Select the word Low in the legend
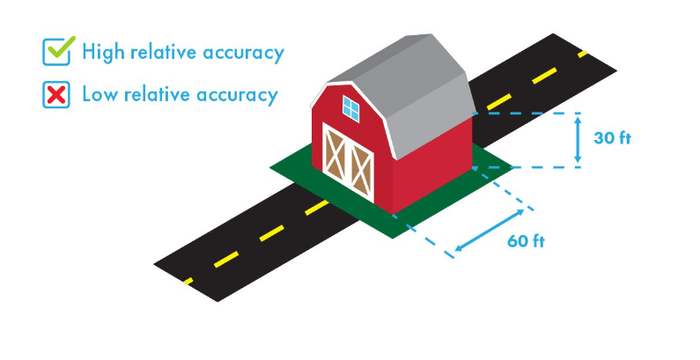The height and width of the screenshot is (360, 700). (98, 94)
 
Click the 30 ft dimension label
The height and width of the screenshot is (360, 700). (614, 138)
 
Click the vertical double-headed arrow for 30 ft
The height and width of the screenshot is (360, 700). (578, 139)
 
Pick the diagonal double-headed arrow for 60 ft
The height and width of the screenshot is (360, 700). (489, 220)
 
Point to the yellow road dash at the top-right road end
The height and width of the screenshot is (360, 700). (584, 55)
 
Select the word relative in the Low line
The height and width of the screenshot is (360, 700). (166, 94)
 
